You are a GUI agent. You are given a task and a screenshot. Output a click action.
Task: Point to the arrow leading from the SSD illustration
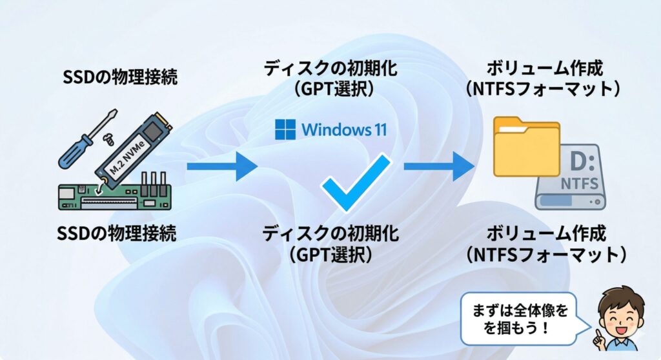pos(221,167)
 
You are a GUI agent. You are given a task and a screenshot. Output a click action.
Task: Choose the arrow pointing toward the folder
pos(439,167)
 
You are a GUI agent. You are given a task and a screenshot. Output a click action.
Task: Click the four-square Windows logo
pos(285,129)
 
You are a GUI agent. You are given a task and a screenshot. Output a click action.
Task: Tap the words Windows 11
pos(343,129)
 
